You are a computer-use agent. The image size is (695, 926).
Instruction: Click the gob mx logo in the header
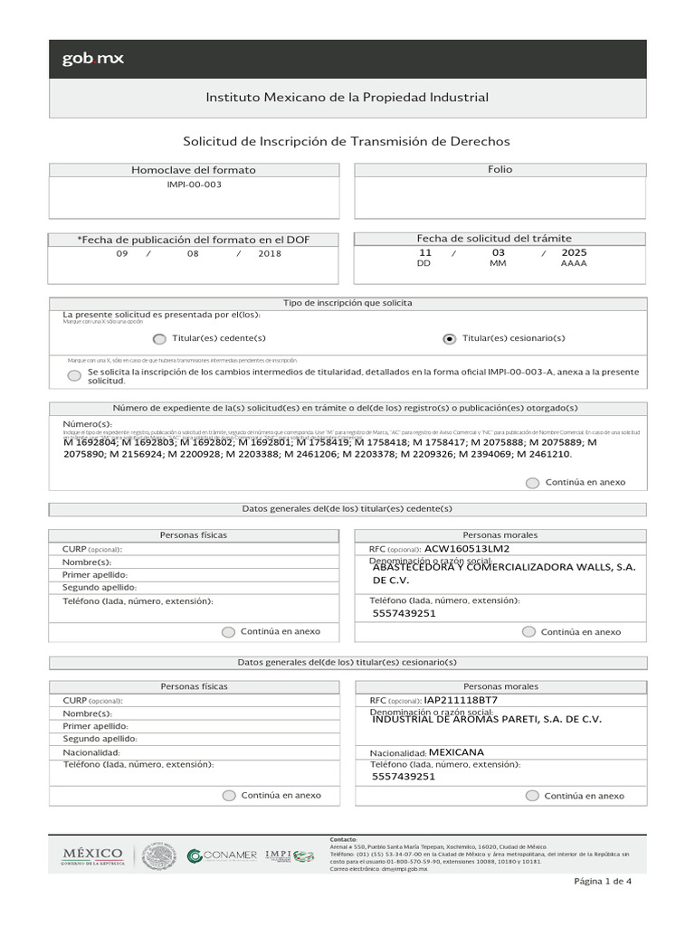pos(93,59)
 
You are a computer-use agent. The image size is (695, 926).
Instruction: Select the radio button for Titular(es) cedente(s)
pos(159,338)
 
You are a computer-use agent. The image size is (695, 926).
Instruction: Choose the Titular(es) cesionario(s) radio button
pos(450,338)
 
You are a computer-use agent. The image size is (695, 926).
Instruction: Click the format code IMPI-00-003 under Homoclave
pos(194,184)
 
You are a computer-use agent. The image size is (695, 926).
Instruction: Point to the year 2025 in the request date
pos(574,253)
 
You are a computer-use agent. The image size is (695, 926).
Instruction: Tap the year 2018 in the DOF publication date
pos(269,254)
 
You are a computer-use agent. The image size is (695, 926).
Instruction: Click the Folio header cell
pos(500,170)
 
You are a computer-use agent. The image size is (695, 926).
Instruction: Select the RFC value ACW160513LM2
pos(467,548)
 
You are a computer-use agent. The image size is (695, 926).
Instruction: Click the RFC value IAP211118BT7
pos(461,700)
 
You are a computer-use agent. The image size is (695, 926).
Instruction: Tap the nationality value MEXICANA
pos(456,752)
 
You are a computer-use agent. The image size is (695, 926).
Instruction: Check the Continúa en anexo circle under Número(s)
pos(532,483)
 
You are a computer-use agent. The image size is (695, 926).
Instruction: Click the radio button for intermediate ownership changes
pos(73,375)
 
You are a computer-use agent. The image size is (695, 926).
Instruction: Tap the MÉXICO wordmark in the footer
pos(91,855)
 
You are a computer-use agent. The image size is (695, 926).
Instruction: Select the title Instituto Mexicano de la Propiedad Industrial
pos(347,97)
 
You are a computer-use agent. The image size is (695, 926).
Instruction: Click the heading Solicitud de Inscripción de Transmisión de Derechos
pos(347,142)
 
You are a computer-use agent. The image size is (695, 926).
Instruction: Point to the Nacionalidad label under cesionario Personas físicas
pos(91,752)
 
